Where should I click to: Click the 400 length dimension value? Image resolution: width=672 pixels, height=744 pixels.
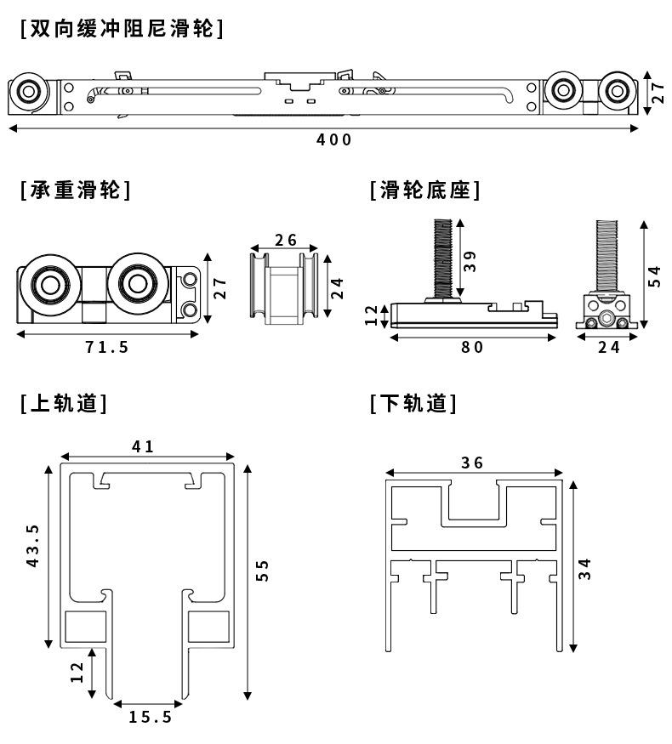334,139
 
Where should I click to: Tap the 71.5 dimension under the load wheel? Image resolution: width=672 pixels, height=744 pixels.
107,347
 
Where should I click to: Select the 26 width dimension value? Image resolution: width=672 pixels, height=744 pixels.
286,240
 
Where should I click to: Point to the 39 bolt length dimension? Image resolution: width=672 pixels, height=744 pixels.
470,261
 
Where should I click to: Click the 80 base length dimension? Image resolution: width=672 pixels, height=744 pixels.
472,347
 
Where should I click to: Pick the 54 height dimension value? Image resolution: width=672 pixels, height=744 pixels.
654,276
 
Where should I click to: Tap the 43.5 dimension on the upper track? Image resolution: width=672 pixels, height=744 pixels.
32,546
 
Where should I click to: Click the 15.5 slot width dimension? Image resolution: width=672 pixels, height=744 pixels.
151,717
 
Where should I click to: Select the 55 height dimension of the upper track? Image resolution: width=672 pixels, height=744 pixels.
262,571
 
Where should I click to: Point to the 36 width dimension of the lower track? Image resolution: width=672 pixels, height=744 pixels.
472,463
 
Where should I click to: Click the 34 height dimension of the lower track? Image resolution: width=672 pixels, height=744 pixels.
585,569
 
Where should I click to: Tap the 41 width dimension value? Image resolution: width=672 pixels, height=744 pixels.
143,446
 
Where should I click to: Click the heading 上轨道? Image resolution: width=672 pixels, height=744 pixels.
64,404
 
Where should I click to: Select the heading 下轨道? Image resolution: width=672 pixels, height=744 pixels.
413,404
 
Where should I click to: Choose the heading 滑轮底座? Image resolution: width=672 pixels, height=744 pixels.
425,190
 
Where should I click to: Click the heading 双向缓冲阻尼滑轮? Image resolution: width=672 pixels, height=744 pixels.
122,29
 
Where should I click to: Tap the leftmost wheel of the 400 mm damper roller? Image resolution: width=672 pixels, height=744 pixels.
29,91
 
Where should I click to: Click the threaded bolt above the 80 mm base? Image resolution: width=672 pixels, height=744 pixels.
443,258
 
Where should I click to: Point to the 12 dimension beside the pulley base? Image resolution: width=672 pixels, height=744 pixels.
371,315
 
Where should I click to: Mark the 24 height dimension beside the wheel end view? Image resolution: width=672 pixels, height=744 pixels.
337,288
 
